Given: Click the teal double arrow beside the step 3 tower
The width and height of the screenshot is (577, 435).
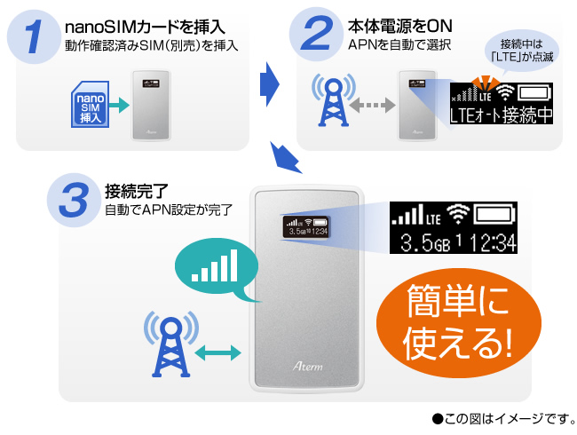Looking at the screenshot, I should [x=217, y=354].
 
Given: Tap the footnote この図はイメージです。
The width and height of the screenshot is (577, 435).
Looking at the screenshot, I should [x=502, y=416].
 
